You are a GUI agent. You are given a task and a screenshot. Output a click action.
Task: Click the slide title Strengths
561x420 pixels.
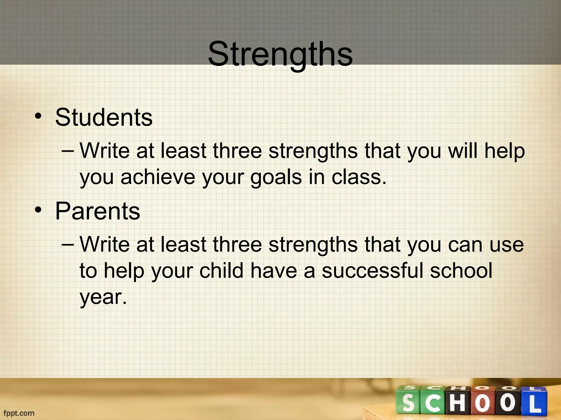pyautogui.click(x=280, y=54)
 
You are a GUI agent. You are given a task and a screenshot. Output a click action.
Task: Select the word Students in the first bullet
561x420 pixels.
pyautogui.click(x=104, y=117)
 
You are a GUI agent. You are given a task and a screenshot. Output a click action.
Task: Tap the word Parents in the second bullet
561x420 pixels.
pyautogui.click(x=98, y=211)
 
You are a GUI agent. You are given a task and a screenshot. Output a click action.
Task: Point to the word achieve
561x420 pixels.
pyautogui.click(x=158, y=177)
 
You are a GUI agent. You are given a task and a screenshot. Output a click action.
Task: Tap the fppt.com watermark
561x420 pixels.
pyautogui.click(x=19, y=413)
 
